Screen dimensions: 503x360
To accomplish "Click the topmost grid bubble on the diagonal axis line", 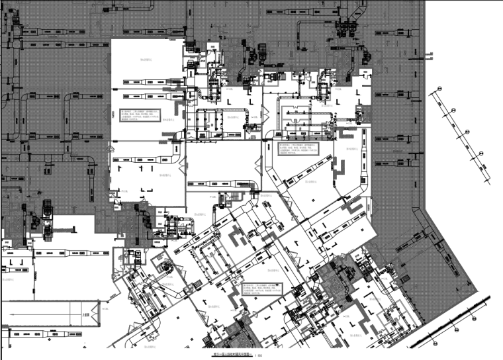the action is click(437, 89).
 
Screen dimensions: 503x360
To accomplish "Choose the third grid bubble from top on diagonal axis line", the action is click(467, 130).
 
